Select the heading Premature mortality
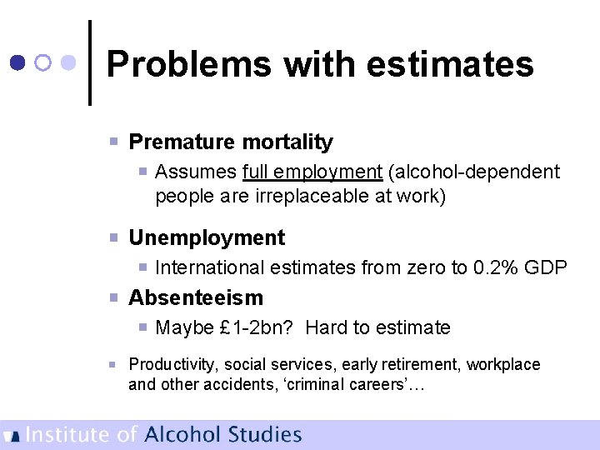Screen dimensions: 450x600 pyautogui.click(x=230, y=142)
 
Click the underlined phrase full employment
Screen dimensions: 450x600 pyautogui.click(x=312, y=172)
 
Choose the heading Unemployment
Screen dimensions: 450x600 pyautogui.click(x=206, y=237)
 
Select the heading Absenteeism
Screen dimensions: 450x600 pyautogui.click(x=195, y=297)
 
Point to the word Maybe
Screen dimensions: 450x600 pyautogui.click(x=184, y=328)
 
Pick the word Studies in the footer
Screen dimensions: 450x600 pyautogui.click(x=266, y=434)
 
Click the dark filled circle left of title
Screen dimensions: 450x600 pyautogui.click(x=17, y=62)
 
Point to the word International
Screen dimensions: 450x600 pyautogui.click(x=210, y=267)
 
